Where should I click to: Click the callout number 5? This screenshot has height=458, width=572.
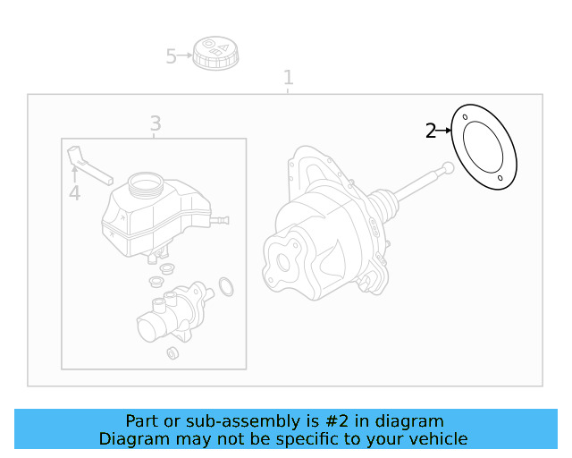pos(171,56)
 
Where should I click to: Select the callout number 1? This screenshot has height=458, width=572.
pos(288,78)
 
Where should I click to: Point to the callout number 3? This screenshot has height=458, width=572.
pos(155,123)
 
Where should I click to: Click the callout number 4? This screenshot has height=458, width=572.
pos(74,192)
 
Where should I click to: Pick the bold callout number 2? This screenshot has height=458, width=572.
pos(431,131)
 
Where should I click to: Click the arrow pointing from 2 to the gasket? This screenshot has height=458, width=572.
pos(444,131)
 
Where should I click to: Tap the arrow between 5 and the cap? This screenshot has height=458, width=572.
pos(185,55)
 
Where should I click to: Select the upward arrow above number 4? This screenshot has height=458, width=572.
pos(74,173)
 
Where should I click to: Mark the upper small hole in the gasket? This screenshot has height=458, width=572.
pos(465,116)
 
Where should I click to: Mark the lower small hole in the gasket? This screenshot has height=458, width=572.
pos(500,179)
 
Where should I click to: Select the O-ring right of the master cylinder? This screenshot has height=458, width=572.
pos(226,286)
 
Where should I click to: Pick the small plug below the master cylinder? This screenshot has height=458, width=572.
pos(172,352)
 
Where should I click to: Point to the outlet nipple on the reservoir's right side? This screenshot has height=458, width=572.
pos(222,219)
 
